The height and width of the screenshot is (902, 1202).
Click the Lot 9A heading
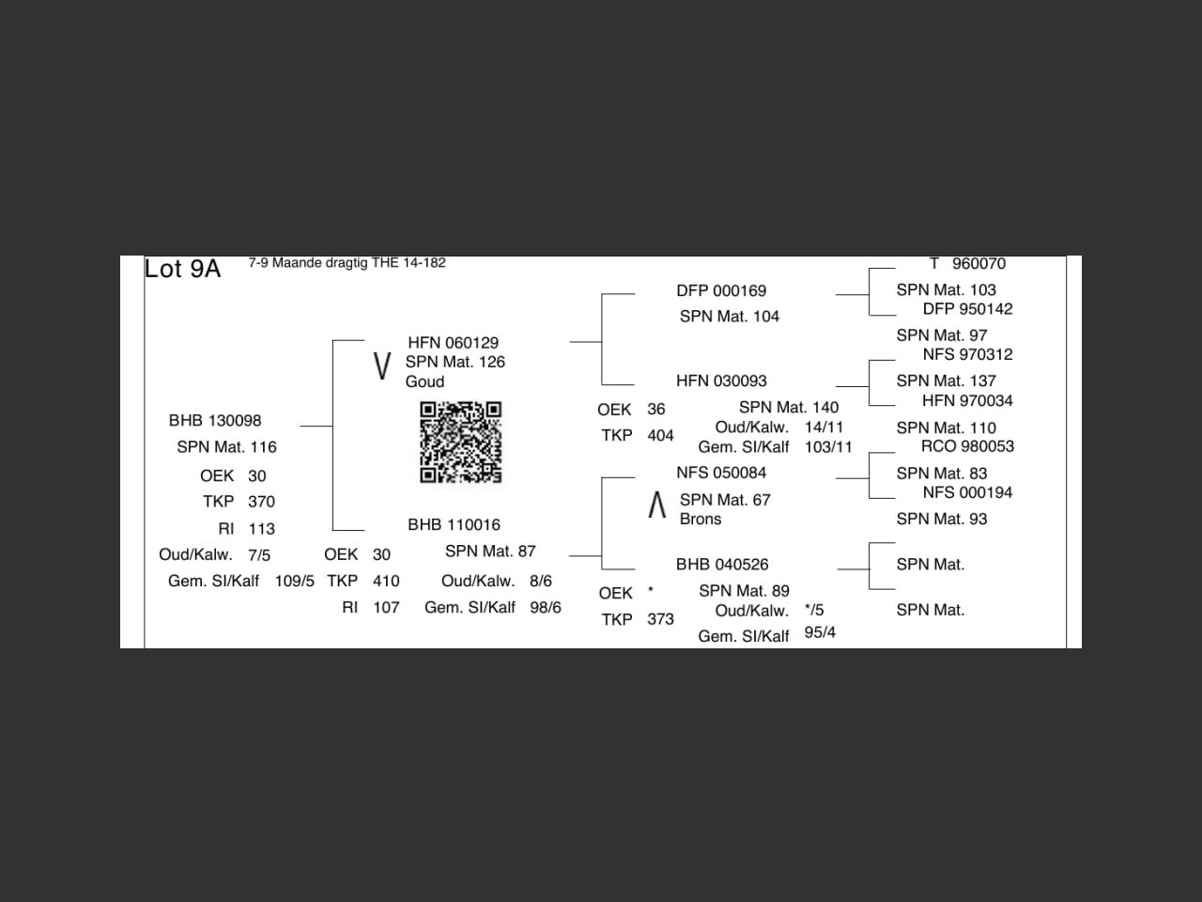(x=182, y=269)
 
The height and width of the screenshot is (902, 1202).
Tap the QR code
(x=460, y=442)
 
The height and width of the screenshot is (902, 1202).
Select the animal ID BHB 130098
(x=215, y=420)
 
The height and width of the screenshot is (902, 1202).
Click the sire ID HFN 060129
(x=453, y=343)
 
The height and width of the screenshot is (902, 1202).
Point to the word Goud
(x=424, y=381)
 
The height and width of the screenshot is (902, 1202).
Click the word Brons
(x=701, y=519)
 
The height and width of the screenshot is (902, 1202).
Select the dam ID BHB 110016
(x=454, y=524)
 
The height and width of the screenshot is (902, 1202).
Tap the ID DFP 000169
(x=721, y=291)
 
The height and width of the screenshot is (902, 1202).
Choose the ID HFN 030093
(x=721, y=381)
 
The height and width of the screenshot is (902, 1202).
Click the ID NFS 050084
(x=721, y=473)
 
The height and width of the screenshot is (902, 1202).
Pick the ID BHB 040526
(x=722, y=565)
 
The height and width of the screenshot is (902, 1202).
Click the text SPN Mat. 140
(x=789, y=407)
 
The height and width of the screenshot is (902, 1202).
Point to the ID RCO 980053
(x=967, y=446)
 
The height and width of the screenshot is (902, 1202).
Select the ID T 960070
(x=967, y=264)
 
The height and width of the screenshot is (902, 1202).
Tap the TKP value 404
(x=660, y=436)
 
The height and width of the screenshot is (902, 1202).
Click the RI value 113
(x=261, y=529)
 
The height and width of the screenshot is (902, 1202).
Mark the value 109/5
(x=294, y=582)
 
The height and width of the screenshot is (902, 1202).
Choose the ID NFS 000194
(x=967, y=492)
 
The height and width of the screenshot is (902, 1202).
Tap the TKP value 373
(x=660, y=619)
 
